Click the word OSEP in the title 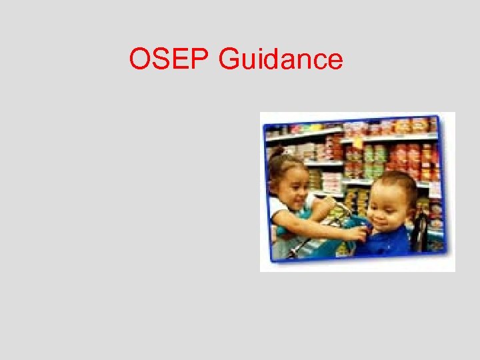[170, 60]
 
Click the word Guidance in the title [281, 60]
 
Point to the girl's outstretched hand [360, 234]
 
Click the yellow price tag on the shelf [358, 141]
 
